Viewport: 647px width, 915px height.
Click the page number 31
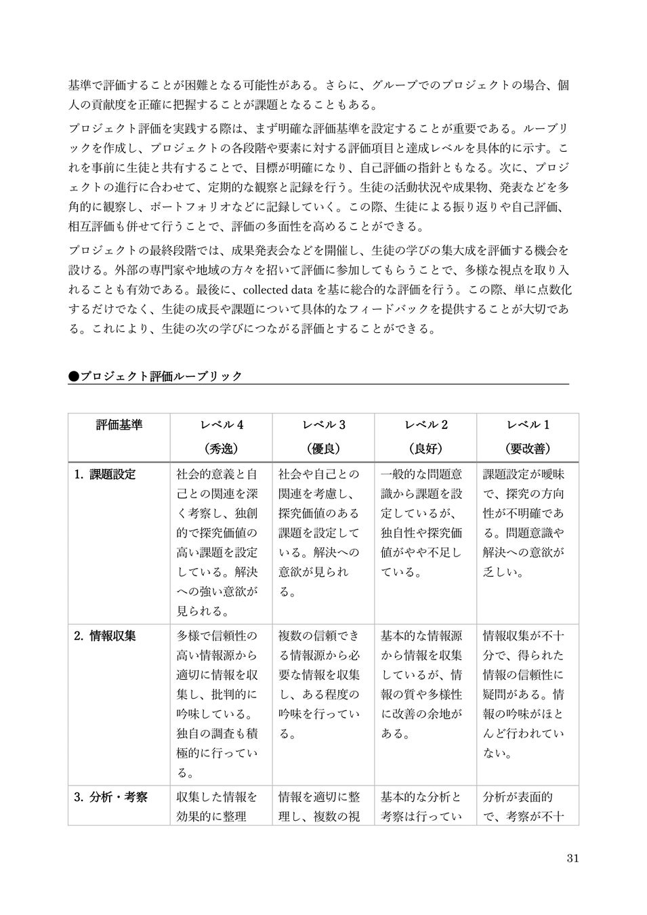(x=572, y=859)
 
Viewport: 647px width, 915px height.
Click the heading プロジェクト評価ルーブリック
(x=161, y=376)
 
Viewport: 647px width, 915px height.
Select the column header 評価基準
(x=119, y=426)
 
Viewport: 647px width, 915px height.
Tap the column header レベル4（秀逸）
(x=221, y=436)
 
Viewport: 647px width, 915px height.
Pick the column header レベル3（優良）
(x=323, y=436)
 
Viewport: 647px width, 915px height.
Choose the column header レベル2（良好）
(x=425, y=436)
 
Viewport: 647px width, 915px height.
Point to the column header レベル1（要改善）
(x=528, y=436)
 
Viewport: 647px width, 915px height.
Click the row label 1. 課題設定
(x=105, y=474)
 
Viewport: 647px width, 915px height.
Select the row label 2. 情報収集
(x=105, y=636)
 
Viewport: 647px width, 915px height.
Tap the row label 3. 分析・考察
(x=110, y=798)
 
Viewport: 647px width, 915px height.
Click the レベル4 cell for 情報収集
(x=217, y=704)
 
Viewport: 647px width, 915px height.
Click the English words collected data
(x=272, y=291)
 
